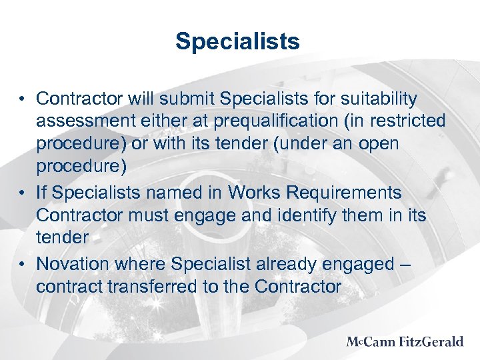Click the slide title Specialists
pos(238,42)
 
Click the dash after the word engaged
pos(406,265)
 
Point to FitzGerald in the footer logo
pos(432,342)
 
